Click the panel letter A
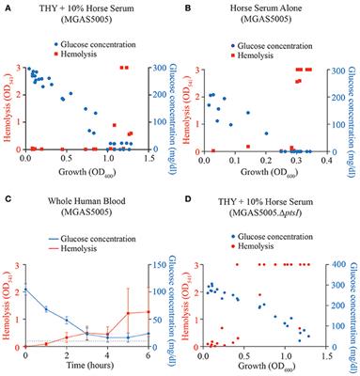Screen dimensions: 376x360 pyautogui.click(x=6, y=5)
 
